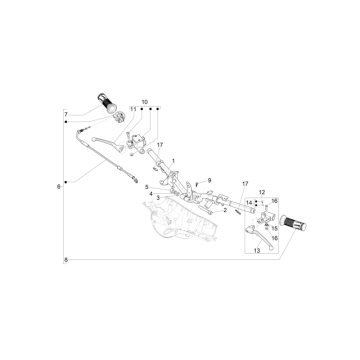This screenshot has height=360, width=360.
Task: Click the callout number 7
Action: [67, 116]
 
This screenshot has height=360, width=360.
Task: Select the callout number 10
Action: [144, 103]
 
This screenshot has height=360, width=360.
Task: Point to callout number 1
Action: [172, 161]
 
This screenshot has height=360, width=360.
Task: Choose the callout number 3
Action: [157, 200]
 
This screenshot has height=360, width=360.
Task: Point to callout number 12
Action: [263, 192]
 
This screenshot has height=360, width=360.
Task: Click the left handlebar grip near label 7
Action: [107, 100]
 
